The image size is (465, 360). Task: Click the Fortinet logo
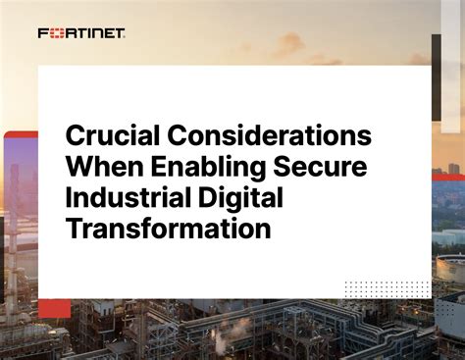81,33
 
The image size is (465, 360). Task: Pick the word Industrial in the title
129,198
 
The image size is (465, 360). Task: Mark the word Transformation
167,230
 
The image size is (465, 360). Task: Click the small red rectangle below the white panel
54,308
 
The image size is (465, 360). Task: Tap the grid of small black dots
387,288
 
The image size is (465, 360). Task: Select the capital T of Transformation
73,230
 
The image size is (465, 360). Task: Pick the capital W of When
78,168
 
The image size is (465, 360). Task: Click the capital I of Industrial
69,198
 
